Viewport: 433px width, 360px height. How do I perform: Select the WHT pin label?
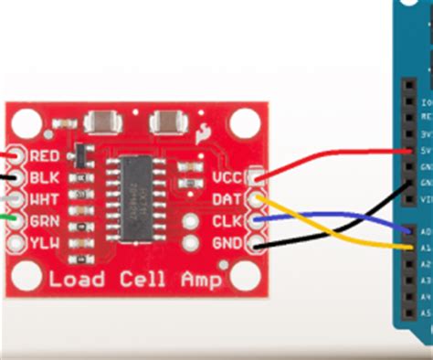46,198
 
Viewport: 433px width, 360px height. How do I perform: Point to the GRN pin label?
46,220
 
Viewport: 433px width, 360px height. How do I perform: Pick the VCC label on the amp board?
225,177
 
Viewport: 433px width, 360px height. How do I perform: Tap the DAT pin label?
225,199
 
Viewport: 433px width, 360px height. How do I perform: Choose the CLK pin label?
225,221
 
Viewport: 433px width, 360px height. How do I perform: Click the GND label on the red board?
225,243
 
